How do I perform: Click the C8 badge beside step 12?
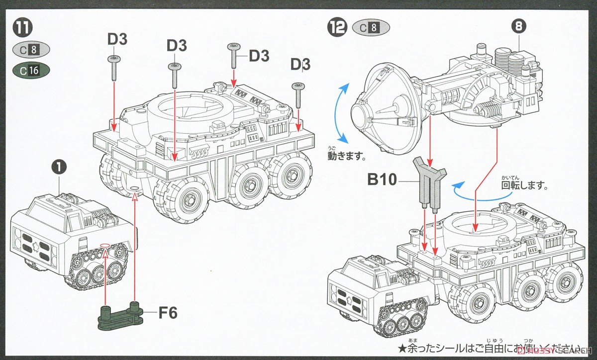click(x=371, y=28)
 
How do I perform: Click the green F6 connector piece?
click(x=120, y=314)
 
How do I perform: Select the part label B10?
click(x=382, y=180)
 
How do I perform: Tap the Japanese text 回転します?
click(x=524, y=187)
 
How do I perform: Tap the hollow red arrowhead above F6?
click(x=134, y=197)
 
